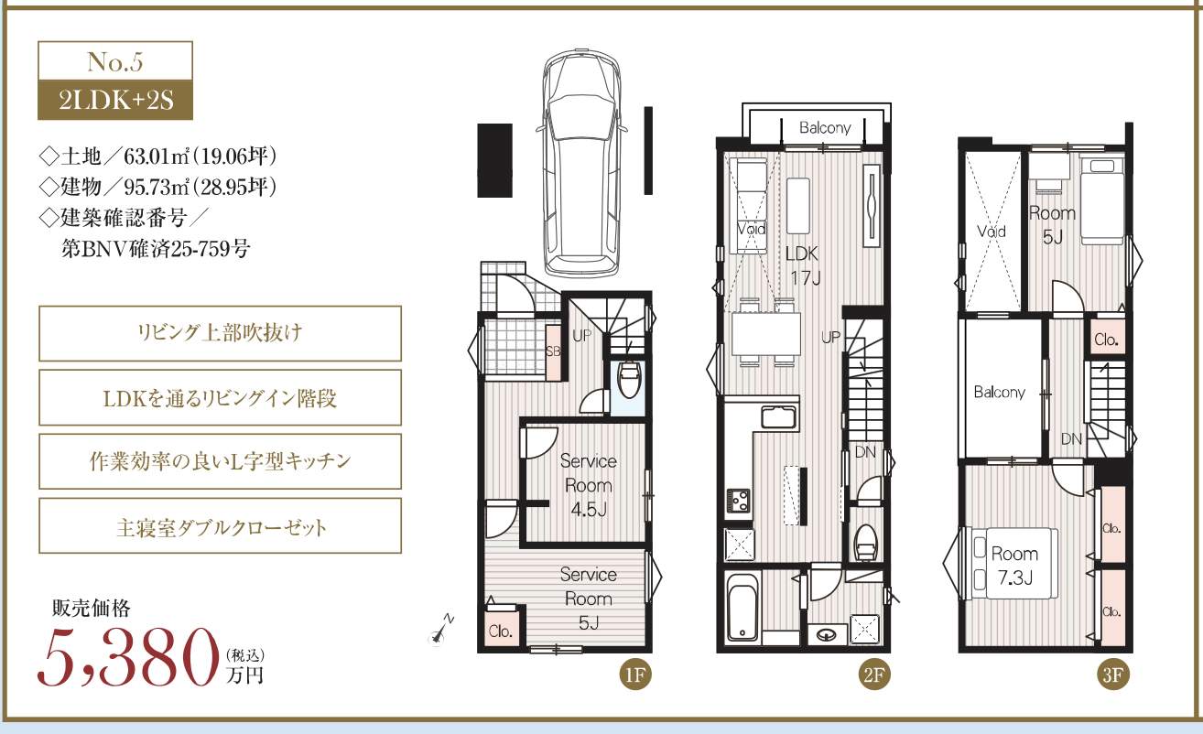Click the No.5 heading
click(x=115, y=61)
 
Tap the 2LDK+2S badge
click(x=115, y=101)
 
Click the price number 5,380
click(x=128, y=658)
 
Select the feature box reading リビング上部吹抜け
click(x=221, y=333)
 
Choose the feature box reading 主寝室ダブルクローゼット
click(x=221, y=526)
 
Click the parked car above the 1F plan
click(x=581, y=163)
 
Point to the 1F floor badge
click(x=635, y=675)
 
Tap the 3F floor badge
click(x=1112, y=675)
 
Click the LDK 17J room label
click(x=803, y=265)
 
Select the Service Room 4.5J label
click(x=589, y=485)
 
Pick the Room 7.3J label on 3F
click(x=1014, y=566)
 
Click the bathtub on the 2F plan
click(x=742, y=608)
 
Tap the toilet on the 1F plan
click(x=629, y=379)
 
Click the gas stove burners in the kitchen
click(x=739, y=502)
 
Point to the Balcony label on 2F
click(x=825, y=128)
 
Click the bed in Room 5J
click(x=1102, y=198)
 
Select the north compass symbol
click(x=440, y=631)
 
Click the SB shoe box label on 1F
click(x=553, y=351)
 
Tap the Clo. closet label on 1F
click(x=500, y=631)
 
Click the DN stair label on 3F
click(x=1071, y=439)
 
